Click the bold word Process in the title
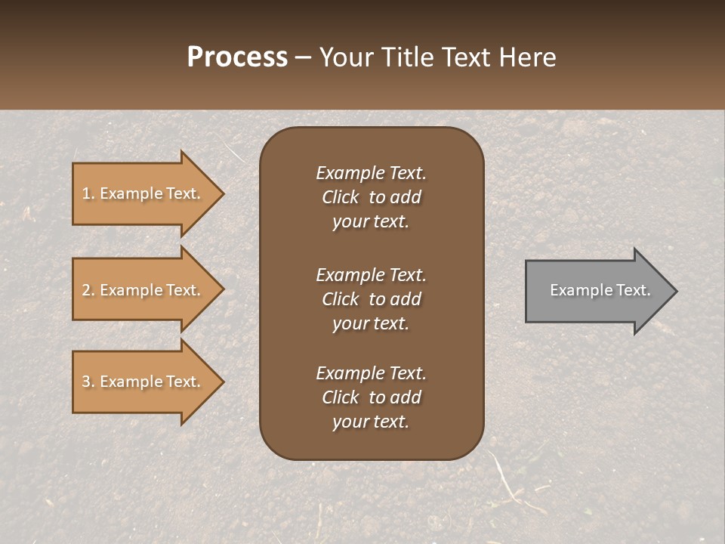click(x=237, y=57)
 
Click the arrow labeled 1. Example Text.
click(x=143, y=193)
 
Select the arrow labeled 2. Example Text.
click(x=143, y=290)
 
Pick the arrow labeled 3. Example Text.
click(x=143, y=382)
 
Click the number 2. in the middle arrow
click(x=88, y=290)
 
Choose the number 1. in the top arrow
click(x=88, y=193)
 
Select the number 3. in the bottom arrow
click(x=88, y=382)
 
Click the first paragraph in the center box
click(x=371, y=197)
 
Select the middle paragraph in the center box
click(x=371, y=299)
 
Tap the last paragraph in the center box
click(x=371, y=397)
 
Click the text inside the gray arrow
click(x=600, y=290)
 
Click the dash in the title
click(x=303, y=58)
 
